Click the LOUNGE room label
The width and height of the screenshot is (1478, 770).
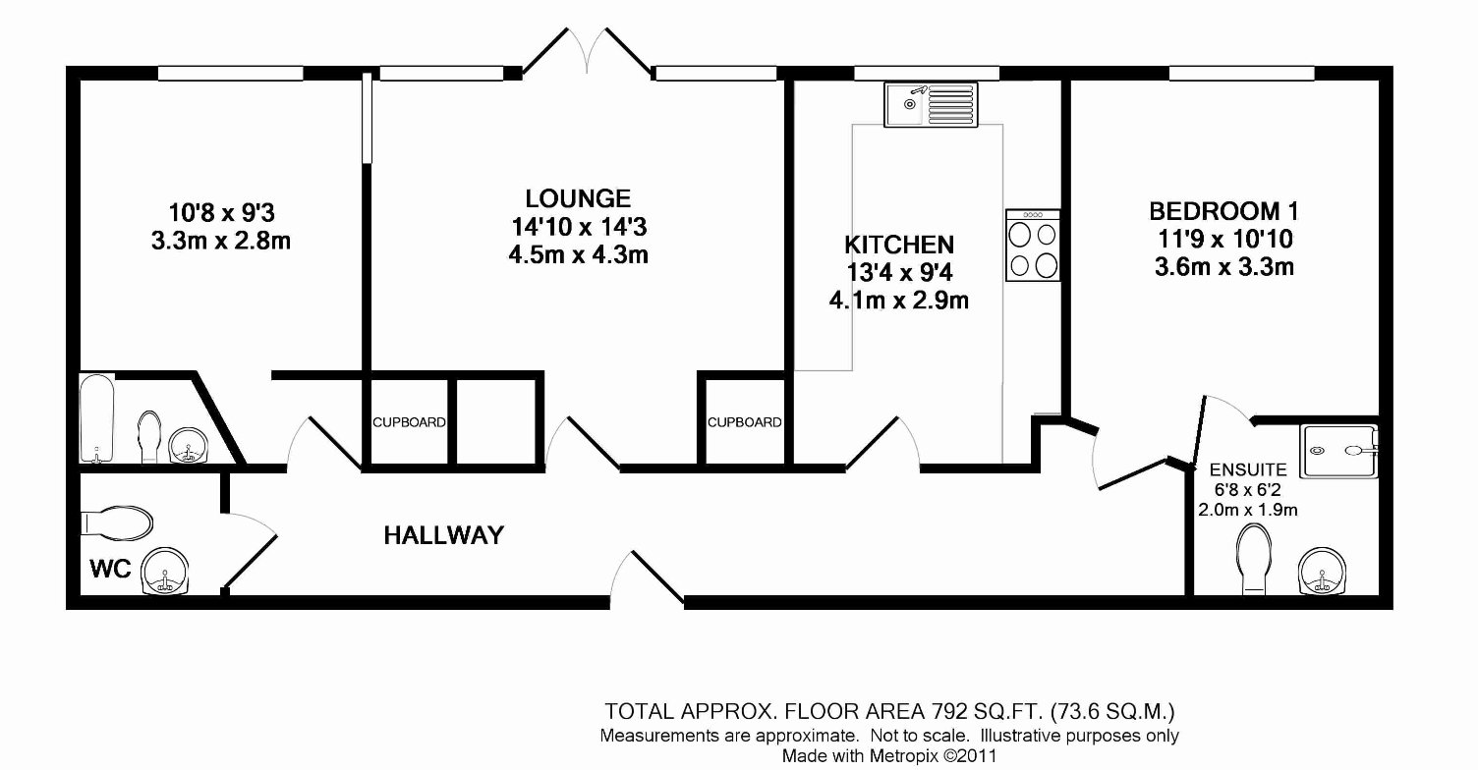tap(578, 198)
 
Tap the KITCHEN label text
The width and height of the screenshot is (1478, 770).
tap(899, 246)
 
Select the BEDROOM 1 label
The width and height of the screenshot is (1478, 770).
tap(1224, 211)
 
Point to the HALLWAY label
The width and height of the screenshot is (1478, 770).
tap(444, 535)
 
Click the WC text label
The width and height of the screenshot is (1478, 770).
tap(110, 569)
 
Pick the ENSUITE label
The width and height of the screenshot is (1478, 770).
tap(1248, 470)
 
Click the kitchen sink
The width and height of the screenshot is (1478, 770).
tap(931, 104)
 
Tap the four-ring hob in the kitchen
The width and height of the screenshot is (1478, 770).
tap(1033, 246)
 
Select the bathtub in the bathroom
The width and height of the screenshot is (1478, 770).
tap(97, 418)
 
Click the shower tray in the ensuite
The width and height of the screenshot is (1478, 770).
tap(1339, 451)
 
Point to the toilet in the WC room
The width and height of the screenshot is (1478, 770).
tap(117, 523)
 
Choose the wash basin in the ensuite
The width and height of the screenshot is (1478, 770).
tap(1323, 571)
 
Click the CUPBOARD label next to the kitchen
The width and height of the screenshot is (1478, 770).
tap(744, 422)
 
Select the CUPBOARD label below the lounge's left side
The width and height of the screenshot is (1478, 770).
tap(409, 422)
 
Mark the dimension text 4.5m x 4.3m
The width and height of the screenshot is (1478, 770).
tap(578, 254)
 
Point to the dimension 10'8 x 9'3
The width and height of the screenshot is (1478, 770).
tap(222, 213)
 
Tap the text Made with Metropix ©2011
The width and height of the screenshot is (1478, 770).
tap(888, 755)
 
